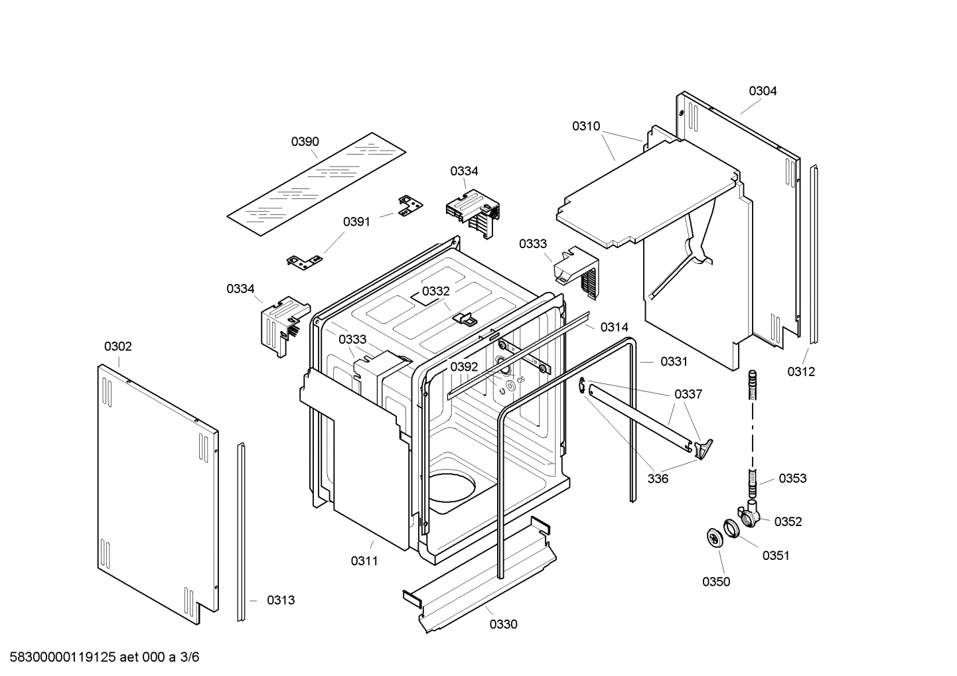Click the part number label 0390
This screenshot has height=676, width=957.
tap(305, 141)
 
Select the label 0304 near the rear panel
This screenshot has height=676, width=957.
tap(763, 91)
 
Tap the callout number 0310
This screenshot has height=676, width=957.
tap(586, 126)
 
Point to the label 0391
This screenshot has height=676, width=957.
tap(356, 222)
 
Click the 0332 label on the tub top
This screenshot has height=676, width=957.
tap(435, 291)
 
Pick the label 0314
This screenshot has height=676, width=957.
tap(614, 327)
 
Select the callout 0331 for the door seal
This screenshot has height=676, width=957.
tap(674, 362)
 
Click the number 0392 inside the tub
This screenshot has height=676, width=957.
tap(464, 367)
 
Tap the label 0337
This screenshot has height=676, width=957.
tap(688, 394)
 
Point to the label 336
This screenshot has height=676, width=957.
tap(658, 479)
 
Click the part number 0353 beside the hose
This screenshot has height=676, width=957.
tap(792, 478)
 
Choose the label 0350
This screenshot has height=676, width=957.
tap(716, 582)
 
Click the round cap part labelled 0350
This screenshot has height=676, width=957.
tap(714, 537)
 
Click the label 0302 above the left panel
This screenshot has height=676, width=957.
tap(117, 346)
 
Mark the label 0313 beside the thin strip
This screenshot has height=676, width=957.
tap(281, 600)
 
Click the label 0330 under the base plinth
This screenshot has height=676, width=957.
tap(504, 624)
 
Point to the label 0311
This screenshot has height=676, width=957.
tap(364, 561)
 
